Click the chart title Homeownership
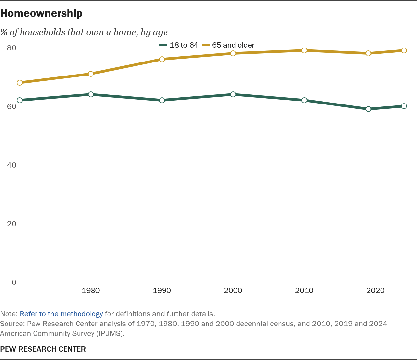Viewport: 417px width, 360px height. (x=41, y=13)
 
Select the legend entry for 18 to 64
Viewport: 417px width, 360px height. (x=179, y=45)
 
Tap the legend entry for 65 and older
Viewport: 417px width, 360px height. (x=228, y=45)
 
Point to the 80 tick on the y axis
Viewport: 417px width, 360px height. (x=11, y=48)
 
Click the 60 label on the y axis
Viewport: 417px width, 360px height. (x=11, y=106)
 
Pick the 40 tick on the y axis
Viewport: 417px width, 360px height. (x=11, y=165)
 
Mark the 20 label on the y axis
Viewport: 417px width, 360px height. (x=11, y=224)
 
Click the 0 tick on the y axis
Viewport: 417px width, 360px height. (x=14, y=282)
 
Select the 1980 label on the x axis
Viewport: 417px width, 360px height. (x=91, y=290)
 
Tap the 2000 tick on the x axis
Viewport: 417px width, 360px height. (x=233, y=290)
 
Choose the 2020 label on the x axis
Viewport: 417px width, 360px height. (x=375, y=290)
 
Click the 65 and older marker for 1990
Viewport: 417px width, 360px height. (x=162, y=59)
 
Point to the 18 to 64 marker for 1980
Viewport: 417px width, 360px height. (x=91, y=94)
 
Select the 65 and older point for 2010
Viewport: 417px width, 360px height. (x=304, y=50)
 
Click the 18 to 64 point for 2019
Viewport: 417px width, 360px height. (x=368, y=109)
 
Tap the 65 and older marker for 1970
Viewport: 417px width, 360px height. (x=20, y=83)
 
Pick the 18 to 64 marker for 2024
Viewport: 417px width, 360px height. (x=404, y=106)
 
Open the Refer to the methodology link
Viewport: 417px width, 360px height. (x=61, y=314)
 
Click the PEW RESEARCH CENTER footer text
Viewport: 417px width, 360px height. (x=43, y=349)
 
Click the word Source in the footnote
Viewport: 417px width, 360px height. (x=12, y=324)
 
